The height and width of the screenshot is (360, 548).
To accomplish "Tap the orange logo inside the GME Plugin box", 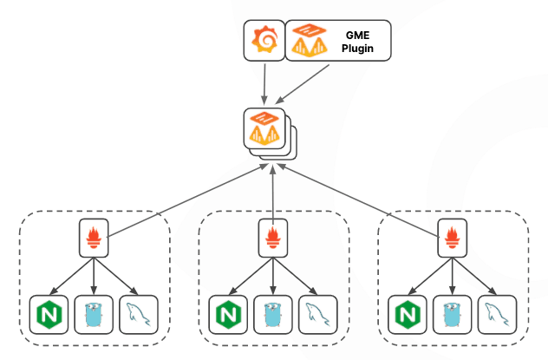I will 309,41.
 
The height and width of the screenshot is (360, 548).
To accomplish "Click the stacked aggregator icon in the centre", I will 270,131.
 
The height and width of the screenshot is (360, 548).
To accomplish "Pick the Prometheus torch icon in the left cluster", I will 94,237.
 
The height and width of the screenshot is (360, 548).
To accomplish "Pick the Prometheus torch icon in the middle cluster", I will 274,237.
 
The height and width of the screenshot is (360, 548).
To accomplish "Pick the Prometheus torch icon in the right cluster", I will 453,237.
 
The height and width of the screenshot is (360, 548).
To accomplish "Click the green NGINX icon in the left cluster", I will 49,312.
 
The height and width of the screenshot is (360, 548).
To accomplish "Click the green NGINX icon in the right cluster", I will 408,312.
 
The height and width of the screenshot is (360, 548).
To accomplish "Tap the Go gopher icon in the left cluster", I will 94,312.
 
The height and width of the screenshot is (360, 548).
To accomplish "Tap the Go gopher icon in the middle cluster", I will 274,312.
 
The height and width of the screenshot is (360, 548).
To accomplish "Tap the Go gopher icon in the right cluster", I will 453,312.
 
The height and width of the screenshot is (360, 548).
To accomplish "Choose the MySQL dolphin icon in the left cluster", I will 139,312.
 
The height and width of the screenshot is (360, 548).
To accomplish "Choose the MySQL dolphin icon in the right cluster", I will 498,312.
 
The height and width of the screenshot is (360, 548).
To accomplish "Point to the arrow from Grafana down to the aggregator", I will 264,82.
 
